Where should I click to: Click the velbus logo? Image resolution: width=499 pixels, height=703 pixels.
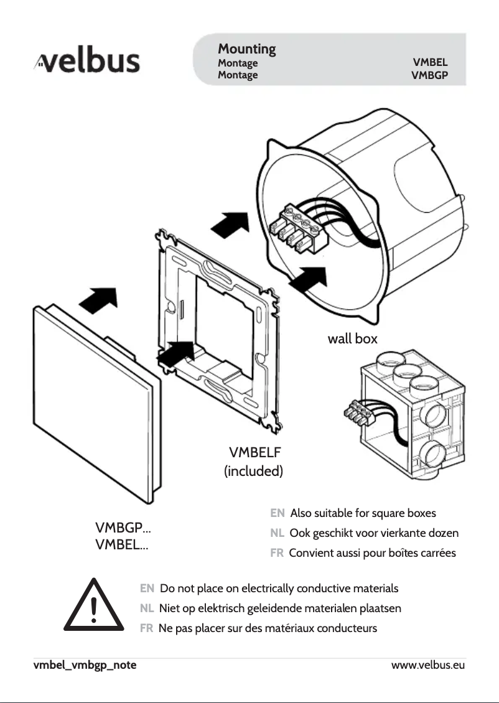point(87,62)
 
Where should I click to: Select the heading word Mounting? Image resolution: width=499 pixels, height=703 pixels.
point(246,49)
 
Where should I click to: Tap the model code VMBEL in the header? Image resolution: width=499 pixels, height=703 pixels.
point(430,63)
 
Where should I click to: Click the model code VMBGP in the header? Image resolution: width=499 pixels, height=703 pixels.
point(429,75)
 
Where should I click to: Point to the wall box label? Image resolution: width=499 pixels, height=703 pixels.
point(352,339)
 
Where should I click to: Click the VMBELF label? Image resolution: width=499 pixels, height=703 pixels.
point(255,452)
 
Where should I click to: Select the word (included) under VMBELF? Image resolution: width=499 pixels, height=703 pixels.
point(253,471)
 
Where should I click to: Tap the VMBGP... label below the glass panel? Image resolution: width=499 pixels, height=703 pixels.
point(123,529)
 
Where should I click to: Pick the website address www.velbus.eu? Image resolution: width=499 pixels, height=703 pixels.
point(428,665)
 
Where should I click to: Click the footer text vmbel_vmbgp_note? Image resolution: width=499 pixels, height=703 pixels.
point(85,665)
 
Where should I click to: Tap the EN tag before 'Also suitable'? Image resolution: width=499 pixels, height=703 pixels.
point(277,513)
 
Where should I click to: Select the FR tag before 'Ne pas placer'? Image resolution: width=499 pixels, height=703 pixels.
point(147,628)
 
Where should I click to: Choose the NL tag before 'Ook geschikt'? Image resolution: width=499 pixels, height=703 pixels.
point(277,533)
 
